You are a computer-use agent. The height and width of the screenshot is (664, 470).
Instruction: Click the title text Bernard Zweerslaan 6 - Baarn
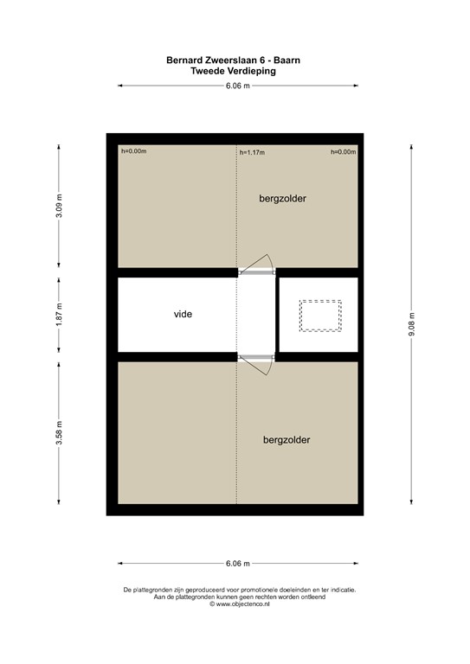(x=238, y=61)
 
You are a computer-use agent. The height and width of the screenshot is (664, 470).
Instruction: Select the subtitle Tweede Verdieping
(x=238, y=72)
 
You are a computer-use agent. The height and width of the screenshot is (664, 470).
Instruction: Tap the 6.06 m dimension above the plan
(x=238, y=86)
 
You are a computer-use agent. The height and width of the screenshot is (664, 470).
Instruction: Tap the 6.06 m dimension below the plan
(x=238, y=563)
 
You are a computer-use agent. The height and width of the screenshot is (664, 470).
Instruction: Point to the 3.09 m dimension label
(x=59, y=206)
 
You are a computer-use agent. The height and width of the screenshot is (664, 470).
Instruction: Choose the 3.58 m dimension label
(x=59, y=433)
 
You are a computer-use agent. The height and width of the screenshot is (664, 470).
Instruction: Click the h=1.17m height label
(x=252, y=152)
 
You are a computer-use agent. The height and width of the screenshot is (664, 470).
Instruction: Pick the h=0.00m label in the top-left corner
(x=134, y=151)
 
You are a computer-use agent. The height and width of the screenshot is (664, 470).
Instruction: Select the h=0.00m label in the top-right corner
(x=343, y=152)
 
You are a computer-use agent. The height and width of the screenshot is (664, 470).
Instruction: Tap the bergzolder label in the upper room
(x=282, y=199)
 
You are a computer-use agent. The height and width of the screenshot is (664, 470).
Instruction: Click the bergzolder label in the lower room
(x=287, y=440)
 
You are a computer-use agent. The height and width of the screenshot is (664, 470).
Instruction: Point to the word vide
(x=183, y=314)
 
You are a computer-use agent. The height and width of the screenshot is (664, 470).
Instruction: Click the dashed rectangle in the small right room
(x=320, y=316)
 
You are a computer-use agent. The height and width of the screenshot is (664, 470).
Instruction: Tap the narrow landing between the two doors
(x=256, y=315)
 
